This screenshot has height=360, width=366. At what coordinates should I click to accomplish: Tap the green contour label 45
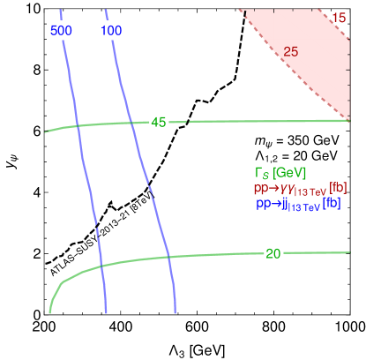click(x=159, y=122)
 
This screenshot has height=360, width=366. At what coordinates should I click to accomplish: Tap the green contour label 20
click(x=273, y=254)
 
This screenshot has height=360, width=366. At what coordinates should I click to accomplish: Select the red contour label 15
click(x=339, y=18)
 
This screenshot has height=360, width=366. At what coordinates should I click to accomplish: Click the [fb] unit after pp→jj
click(x=332, y=203)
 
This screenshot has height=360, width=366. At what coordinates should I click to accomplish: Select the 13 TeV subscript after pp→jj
click(x=306, y=206)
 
